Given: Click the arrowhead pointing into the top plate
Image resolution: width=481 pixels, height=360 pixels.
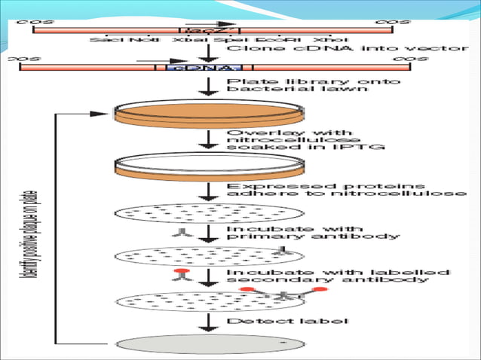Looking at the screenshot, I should pyautogui.click(x=103, y=113).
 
